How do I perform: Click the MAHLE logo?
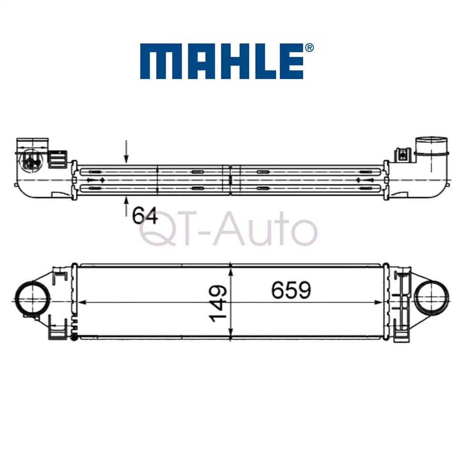(x=222, y=62)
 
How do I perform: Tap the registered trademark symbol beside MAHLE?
(x=309, y=48)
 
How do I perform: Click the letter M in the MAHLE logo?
(x=157, y=62)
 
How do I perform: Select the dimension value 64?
(x=145, y=216)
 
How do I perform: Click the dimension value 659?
(x=291, y=290)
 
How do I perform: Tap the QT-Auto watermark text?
(x=228, y=230)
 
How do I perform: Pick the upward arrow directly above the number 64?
(x=126, y=204)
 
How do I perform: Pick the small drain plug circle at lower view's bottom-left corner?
(x=74, y=338)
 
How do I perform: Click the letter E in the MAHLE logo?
(x=292, y=62)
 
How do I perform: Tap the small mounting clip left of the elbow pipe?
(x=403, y=154)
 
